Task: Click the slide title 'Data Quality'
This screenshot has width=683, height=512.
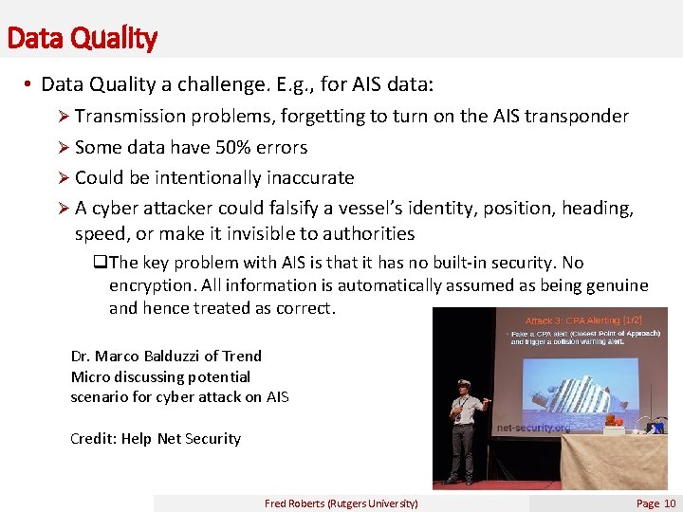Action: (x=81, y=38)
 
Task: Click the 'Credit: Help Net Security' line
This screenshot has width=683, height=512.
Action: (x=156, y=438)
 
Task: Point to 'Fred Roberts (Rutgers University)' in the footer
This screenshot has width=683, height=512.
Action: (x=341, y=503)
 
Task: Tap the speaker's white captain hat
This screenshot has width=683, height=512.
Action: (x=463, y=383)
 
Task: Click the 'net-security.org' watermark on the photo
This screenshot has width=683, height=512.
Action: (x=533, y=428)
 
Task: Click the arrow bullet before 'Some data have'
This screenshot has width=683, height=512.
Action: (x=65, y=147)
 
